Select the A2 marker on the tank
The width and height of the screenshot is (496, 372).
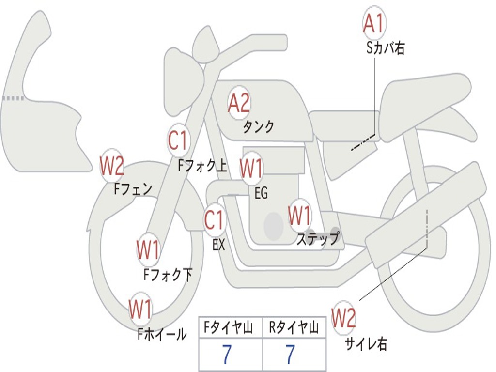tap(239, 103)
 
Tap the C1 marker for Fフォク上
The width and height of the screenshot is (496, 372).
tap(178, 141)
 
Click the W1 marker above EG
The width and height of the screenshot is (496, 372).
tap(251, 169)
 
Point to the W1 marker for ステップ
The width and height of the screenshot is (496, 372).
tap(300, 216)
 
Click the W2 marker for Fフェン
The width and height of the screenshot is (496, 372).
tap(112, 166)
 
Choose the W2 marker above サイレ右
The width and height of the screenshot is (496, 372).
tap(343, 318)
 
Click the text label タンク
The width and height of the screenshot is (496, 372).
tap(259, 127)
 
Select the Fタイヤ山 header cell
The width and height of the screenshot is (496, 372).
tap(230, 328)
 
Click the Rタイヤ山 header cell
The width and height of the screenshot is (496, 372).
tap(294, 328)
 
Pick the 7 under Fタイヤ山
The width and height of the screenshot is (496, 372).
tap(227, 355)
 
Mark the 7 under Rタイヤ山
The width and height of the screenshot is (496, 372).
tap(290, 355)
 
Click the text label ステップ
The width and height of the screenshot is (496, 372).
tap(318, 239)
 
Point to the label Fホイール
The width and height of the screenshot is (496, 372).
tap(162, 334)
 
